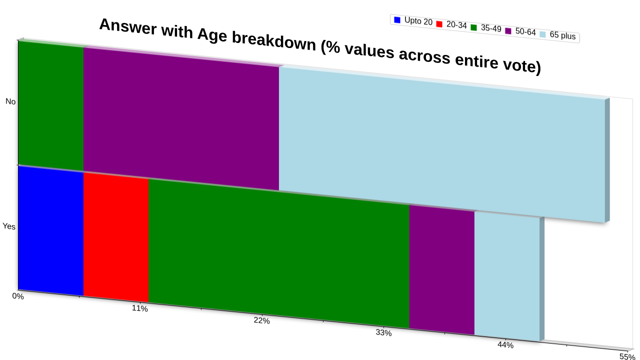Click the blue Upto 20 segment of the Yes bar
click(51, 231)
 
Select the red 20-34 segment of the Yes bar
click(116, 237)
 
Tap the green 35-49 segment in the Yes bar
click(279, 253)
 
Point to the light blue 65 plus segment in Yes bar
click(507, 276)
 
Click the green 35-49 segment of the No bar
click(51, 106)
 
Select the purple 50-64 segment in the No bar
click(181, 119)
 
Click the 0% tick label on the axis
click(18, 296)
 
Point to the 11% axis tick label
click(139, 308)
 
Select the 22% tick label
click(261, 320)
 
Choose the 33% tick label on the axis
click(383, 333)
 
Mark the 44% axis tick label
click(505, 345)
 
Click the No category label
click(10, 101)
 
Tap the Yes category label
click(9, 226)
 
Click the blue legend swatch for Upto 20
click(397, 19)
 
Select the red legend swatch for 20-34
click(439, 24)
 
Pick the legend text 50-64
click(525, 31)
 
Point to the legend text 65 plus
click(562, 35)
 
